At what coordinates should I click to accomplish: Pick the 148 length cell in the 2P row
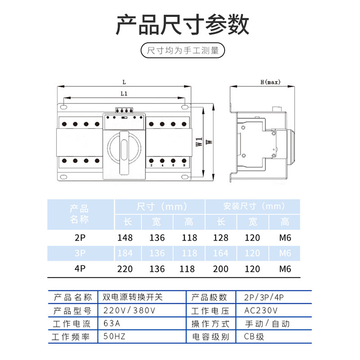pos(125,238)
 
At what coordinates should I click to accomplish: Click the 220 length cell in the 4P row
pos(125,269)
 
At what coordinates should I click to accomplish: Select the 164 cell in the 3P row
pos(220,253)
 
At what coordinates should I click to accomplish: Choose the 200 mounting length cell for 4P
pos(220,269)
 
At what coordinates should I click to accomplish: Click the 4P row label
pos(80,269)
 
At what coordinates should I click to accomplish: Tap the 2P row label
pos(80,238)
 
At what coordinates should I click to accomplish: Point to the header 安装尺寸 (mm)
pos(254,207)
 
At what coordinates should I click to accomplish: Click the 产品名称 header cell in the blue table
pos(80,214)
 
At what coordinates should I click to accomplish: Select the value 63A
pos(112,324)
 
